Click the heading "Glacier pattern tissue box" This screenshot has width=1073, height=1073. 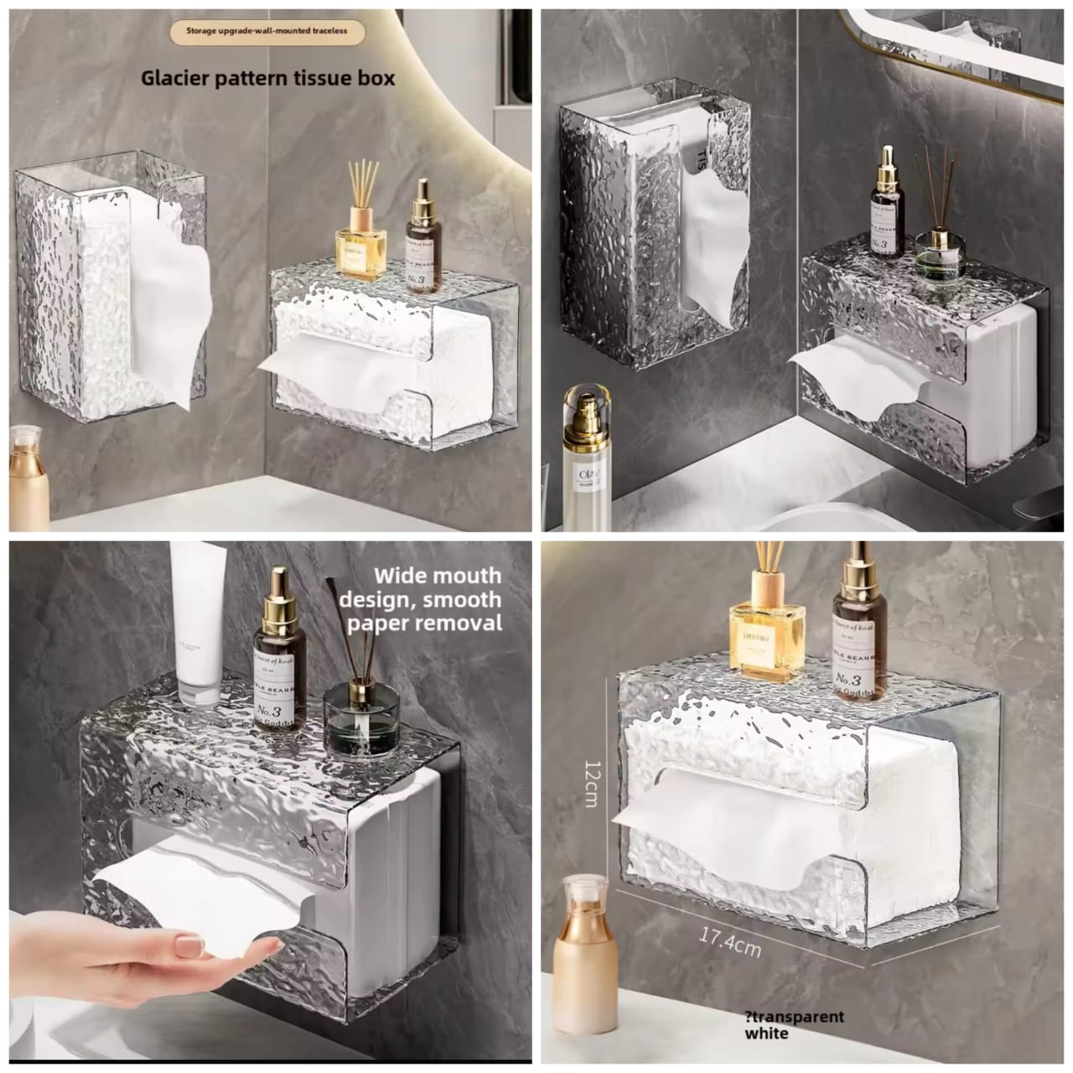click(267, 78)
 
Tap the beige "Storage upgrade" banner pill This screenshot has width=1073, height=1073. click(267, 33)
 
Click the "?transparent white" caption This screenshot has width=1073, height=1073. click(793, 1024)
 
